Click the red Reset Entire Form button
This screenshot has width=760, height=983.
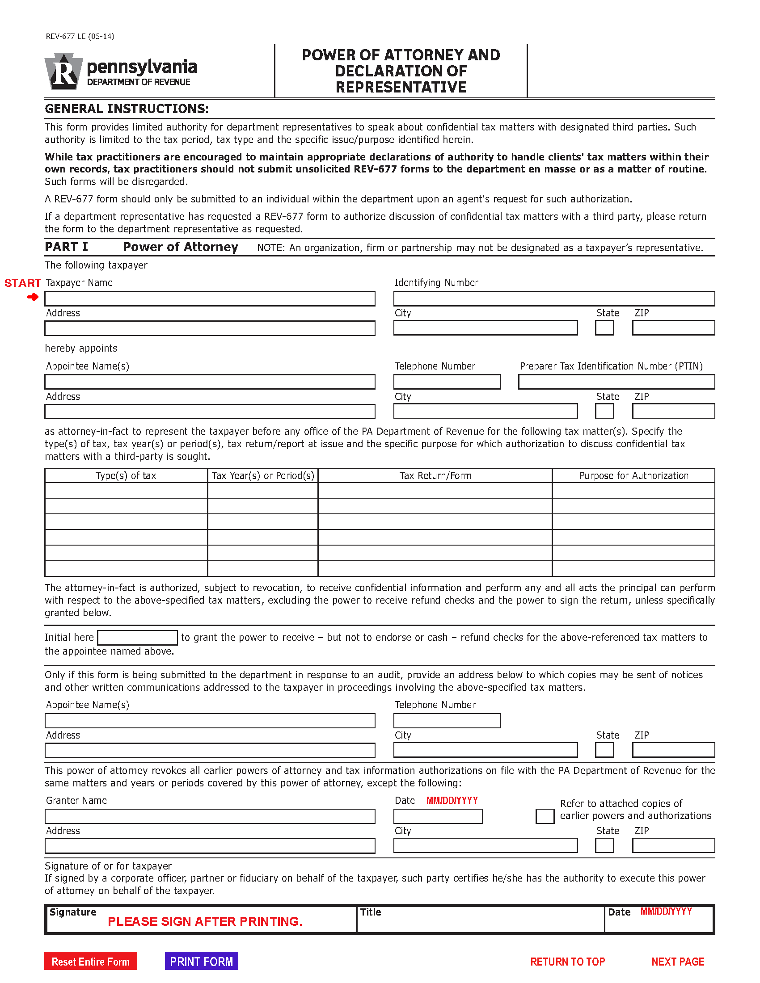(x=90, y=962)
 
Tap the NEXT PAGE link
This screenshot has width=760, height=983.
(x=678, y=962)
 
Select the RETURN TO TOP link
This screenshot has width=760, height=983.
(x=567, y=962)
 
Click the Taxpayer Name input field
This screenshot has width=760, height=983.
(x=210, y=298)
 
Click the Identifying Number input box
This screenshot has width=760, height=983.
(x=554, y=298)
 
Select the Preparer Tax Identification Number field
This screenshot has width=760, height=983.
(x=616, y=382)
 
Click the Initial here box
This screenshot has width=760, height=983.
(x=137, y=637)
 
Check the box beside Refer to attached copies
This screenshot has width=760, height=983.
(x=545, y=816)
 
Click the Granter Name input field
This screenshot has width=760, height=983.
(x=210, y=816)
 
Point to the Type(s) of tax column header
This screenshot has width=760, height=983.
(x=126, y=476)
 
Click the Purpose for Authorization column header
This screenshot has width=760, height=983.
(x=633, y=476)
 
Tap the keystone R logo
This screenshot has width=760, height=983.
(x=63, y=71)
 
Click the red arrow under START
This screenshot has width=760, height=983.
(x=33, y=297)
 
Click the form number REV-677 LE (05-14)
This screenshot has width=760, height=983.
(x=80, y=36)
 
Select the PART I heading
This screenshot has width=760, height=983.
(x=66, y=247)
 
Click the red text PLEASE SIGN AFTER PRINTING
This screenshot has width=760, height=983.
(x=205, y=921)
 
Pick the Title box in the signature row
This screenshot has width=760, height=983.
(x=480, y=919)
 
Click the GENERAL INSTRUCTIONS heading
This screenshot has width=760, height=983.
(x=127, y=109)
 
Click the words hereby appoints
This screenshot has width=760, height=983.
(x=81, y=349)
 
